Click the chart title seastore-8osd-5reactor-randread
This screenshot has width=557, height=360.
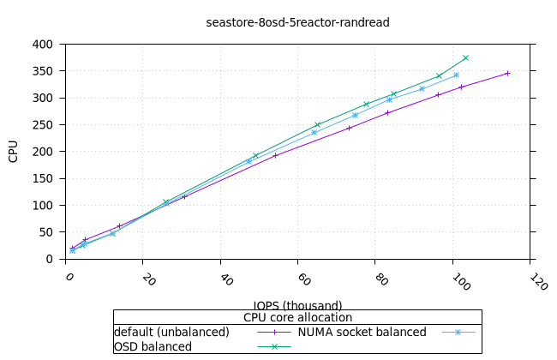coord(298,22)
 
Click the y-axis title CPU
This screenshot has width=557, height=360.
coord(13,152)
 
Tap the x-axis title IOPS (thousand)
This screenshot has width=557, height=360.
coord(297,305)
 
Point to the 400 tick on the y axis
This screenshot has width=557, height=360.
coord(43,44)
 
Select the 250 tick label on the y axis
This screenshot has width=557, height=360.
coord(43,124)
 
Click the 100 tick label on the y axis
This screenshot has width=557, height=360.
coord(43,205)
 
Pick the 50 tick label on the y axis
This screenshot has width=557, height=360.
coord(46,232)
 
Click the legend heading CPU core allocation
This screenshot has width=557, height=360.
coord(297,318)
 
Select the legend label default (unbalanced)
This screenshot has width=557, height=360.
coord(171,332)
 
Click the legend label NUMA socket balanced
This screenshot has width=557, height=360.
coord(362,332)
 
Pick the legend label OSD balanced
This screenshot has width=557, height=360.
coord(153,346)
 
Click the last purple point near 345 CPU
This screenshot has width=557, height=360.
coord(507,73)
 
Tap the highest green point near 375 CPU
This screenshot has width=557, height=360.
coord(465,57)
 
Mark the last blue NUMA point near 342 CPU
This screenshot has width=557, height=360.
coord(456,75)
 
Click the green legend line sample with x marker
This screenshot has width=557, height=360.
coord(275,346)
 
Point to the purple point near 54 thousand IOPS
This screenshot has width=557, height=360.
coord(275,155)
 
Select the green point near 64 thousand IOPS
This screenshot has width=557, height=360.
coord(317,125)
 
